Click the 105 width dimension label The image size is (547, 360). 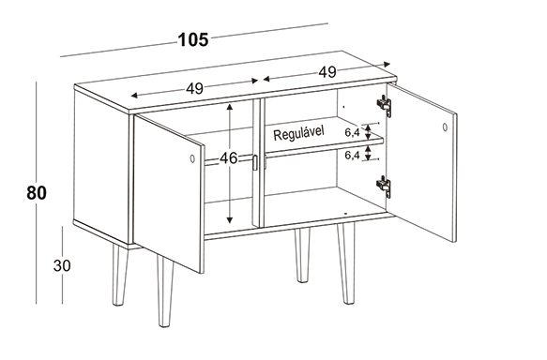[x=193, y=39]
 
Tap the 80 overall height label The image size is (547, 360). [x=37, y=193]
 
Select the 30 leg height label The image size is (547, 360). [x=62, y=265]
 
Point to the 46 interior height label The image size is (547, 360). [x=229, y=158]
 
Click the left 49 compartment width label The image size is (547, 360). [x=194, y=88]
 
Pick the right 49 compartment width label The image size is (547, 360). [x=327, y=72]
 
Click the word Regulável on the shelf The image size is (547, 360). [x=298, y=133]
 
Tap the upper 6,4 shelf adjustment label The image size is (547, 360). [x=353, y=132]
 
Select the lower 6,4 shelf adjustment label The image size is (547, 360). [x=353, y=156]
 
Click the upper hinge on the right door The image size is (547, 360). [x=384, y=104]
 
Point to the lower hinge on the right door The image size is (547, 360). [x=384, y=186]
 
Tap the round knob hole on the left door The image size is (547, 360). [x=192, y=158]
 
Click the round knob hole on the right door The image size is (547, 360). [x=445, y=127]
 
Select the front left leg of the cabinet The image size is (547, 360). [x=164, y=290]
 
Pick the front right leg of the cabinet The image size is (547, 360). [x=345, y=263]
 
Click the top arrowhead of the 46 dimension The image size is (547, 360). [x=229, y=107]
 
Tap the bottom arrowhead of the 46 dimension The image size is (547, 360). [x=229, y=219]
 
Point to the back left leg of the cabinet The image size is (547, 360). [x=120, y=275]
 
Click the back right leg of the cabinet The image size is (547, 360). [x=302, y=255]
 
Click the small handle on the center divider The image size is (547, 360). [x=254, y=163]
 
